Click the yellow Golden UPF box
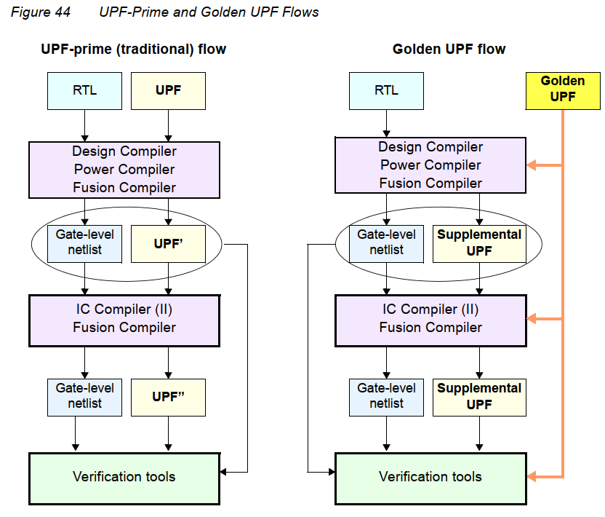click(x=563, y=89)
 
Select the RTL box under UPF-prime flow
click(x=84, y=91)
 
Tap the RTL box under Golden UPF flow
click(x=386, y=91)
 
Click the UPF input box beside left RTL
click(x=168, y=91)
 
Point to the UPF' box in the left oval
click(x=168, y=243)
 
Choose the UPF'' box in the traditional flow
click(x=168, y=397)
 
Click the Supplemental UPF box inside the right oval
click(x=479, y=243)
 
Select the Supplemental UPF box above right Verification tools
click(x=479, y=397)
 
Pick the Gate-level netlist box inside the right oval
click(x=386, y=243)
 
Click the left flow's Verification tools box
click(x=124, y=478)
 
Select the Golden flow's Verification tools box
click(x=430, y=478)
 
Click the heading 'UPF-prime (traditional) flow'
click(x=133, y=50)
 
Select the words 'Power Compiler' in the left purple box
click(x=124, y=170)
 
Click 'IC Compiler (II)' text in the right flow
click(x=430, y=309)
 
